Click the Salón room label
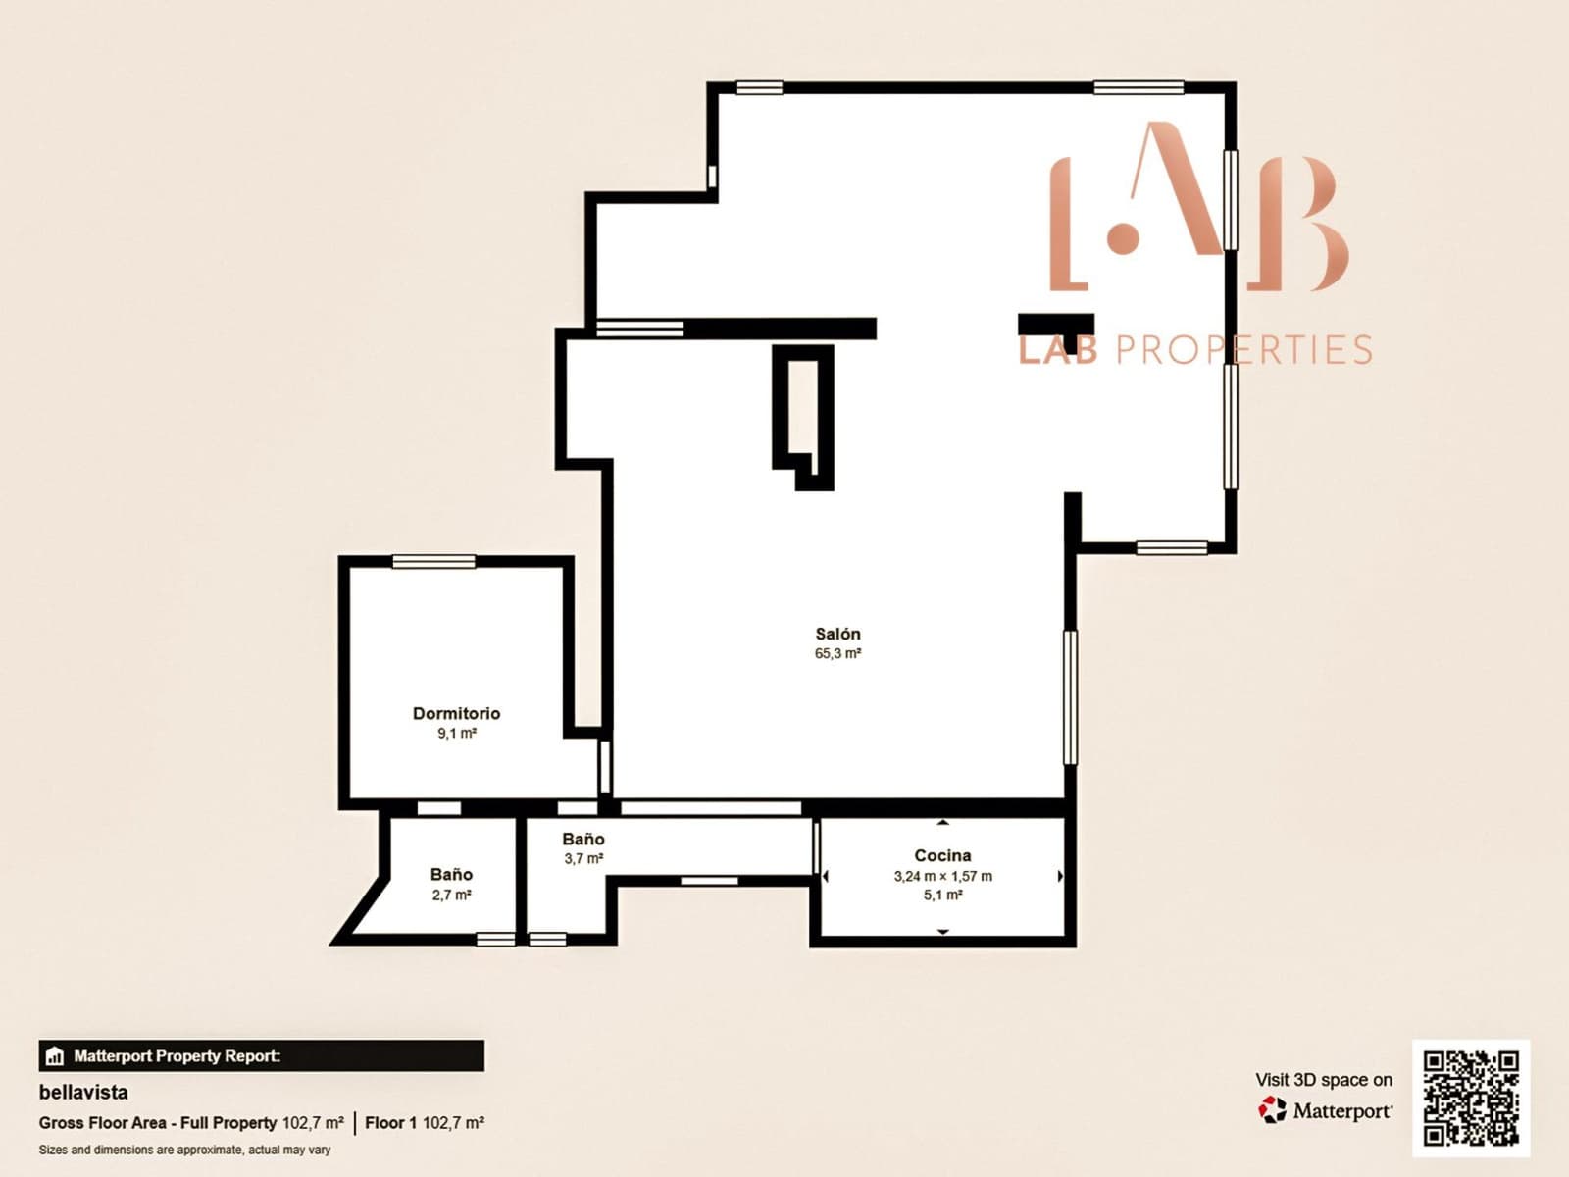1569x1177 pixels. coord(837,634)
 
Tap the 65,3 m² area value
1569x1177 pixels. coord(837,653)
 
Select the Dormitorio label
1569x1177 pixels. coord(456,713)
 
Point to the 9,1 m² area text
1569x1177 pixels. coord(456,733)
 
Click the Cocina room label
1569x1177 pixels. coord(942,855)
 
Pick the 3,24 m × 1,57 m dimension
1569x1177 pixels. coord(942,876)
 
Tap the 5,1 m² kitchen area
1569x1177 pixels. coord(942,895)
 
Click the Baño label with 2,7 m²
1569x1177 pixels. coord(451,874)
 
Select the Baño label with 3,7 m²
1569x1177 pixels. coord(582,839)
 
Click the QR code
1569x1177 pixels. coord(1471,1099)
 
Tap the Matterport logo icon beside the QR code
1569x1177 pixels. coord(1272,1110)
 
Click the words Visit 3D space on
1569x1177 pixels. coord(1323,1079)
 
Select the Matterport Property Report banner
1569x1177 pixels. coord(261,1055)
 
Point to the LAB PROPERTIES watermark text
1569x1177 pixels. coord(1194,350)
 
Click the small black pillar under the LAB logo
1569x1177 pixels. coord(1055,326)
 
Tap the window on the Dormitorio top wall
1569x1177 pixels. coord(433,561)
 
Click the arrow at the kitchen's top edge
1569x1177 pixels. coord(942,822)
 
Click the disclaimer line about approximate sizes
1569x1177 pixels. coord(184,1150)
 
